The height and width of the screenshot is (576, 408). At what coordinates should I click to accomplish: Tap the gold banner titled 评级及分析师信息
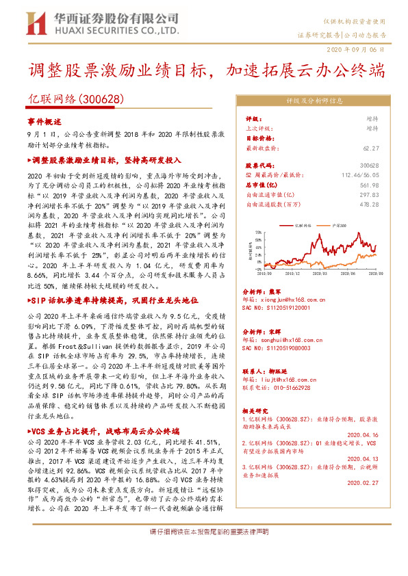tap(318, 101)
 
